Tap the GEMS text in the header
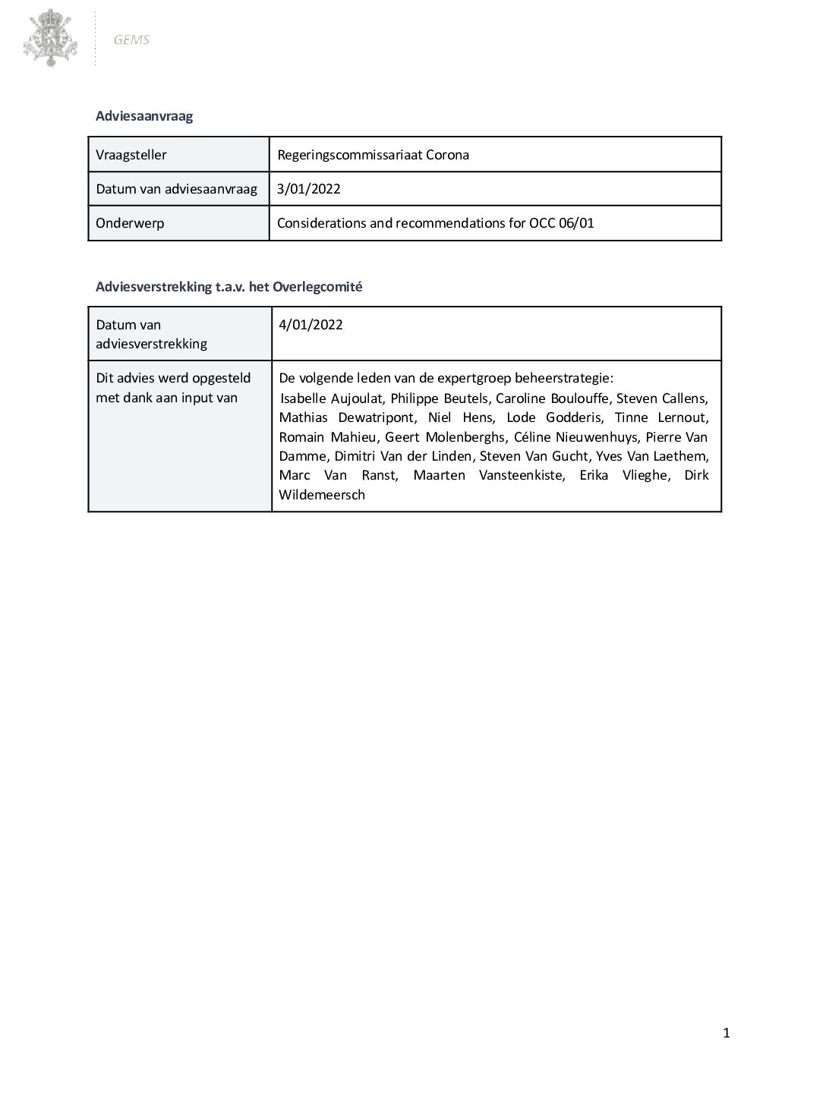pos(131,39)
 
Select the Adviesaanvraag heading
pos(144,116)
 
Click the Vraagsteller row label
pos(131,155)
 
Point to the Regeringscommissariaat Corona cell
pos(373,155)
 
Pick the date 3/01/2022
pos(309,189)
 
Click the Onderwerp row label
pos(130,223)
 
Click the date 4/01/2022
pos(311,325)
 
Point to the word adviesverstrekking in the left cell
pos(151,344)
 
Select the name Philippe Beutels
pos(439,398)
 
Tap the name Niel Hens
pos(449,417)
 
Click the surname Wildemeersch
pos(322,495)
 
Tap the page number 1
pos(727,1032)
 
